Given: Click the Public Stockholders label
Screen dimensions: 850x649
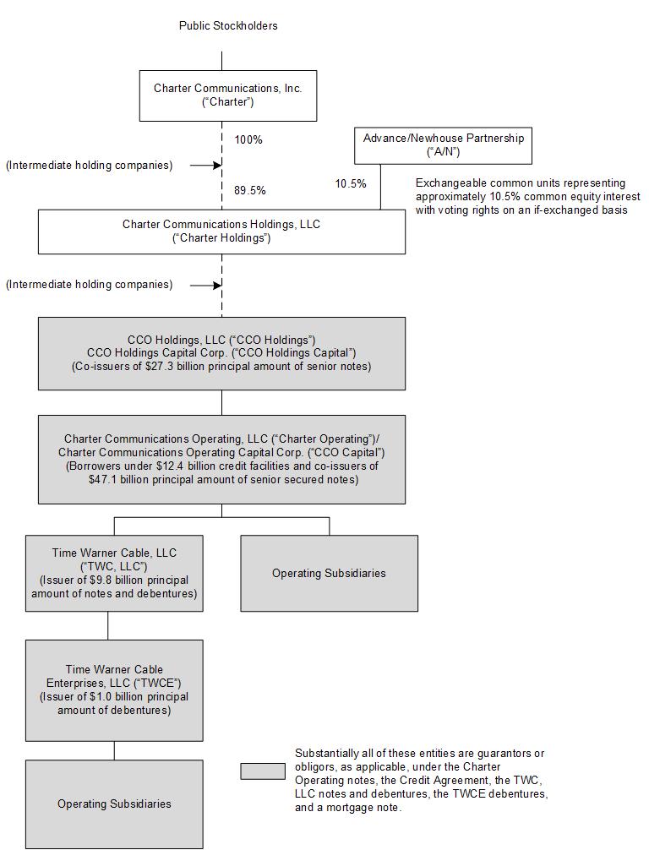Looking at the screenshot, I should click(228, 25).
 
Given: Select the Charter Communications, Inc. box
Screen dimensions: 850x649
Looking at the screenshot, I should click(228, 95).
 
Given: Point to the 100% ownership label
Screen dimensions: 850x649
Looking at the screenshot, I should click(248, 139).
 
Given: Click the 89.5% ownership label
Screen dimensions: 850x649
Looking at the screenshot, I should click(250, 190).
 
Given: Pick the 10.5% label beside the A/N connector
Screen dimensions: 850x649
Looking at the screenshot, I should click(351, 183).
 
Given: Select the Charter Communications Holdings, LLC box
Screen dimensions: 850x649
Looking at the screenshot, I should click(221, 232).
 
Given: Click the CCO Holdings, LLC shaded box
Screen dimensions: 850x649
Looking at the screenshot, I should click(221, 352).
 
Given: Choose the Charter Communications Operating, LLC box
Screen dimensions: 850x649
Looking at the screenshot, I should click(221, 459).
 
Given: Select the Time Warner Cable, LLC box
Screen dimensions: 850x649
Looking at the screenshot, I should click(114, 573).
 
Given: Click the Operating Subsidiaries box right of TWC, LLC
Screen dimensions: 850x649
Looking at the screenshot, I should click(329, 573).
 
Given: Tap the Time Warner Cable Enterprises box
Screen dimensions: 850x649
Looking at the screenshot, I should click(114, 689).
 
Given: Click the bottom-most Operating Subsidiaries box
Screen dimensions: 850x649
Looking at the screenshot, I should click(114, 804).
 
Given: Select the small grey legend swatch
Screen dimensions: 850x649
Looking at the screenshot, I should click(262, 771).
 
